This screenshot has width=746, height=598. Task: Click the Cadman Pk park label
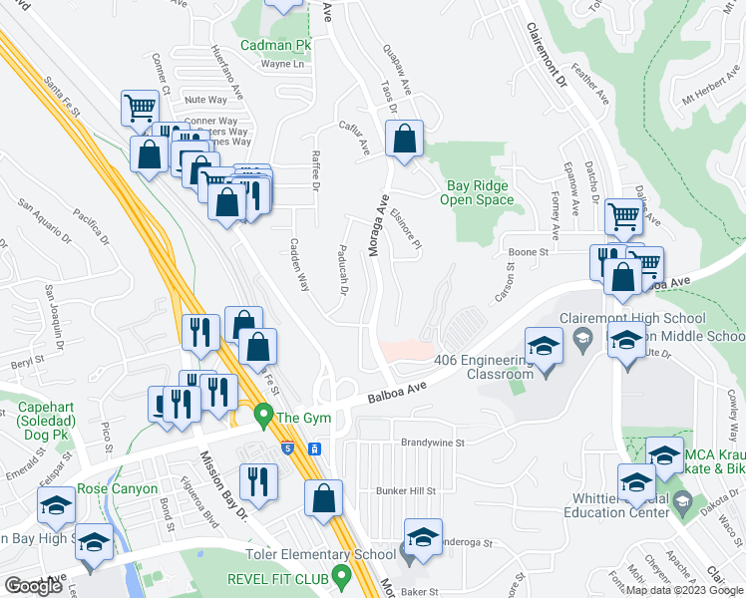pyautogui.click(x=276, y=46)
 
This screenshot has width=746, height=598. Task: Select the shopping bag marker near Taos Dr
pyautogui.click(x=405, y=142)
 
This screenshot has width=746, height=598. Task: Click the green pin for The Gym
pyautogui.click(x=264, y=414)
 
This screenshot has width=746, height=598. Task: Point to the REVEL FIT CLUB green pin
pyautogui.click(x=342, y=575)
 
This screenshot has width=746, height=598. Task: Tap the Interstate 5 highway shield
pyautogui.click(x=287, y=448)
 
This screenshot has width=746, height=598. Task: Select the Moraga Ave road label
pyautogui.click(x=379, y=226)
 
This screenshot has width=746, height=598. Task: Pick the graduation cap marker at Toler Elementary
pyautogui.click(x=423, y=538)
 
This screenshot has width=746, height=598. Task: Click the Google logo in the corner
pyautogui.click(x=34, y=586)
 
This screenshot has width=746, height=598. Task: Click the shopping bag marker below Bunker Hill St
pyautogui.click(x=324, y=498)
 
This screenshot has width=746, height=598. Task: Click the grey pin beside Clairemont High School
pyautogui.click(x=584, y=340)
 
